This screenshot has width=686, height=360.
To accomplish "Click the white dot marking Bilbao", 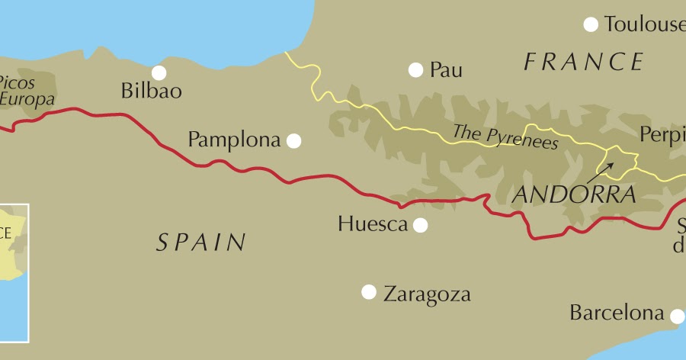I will [159, 72].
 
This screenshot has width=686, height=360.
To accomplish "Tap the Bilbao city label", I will [152, 92].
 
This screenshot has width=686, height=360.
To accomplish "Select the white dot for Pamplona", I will [293, 140].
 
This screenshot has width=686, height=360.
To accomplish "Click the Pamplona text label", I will [234, 140].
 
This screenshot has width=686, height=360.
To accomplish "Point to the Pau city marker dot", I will [415, 70].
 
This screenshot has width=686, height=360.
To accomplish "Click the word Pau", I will [446, 71].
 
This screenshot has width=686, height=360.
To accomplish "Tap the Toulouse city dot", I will [591, 24].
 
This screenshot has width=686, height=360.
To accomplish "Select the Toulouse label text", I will [644, 24].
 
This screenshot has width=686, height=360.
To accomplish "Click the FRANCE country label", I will [584, 62].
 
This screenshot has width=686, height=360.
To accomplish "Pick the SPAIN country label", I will [201, 243].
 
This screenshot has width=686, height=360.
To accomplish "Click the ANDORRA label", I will [574, 194].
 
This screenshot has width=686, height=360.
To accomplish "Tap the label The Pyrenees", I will [505, 137].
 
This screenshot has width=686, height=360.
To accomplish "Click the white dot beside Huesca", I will [420, 225].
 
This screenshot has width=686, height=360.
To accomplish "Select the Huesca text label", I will [372, 224].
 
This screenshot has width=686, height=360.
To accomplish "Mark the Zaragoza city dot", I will [369, 291].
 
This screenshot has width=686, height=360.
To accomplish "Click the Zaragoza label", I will [427, 294].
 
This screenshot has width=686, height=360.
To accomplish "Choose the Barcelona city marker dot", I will [677, 315].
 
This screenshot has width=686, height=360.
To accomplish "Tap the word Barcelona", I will [617, 313].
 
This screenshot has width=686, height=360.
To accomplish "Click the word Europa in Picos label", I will [27, 99].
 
